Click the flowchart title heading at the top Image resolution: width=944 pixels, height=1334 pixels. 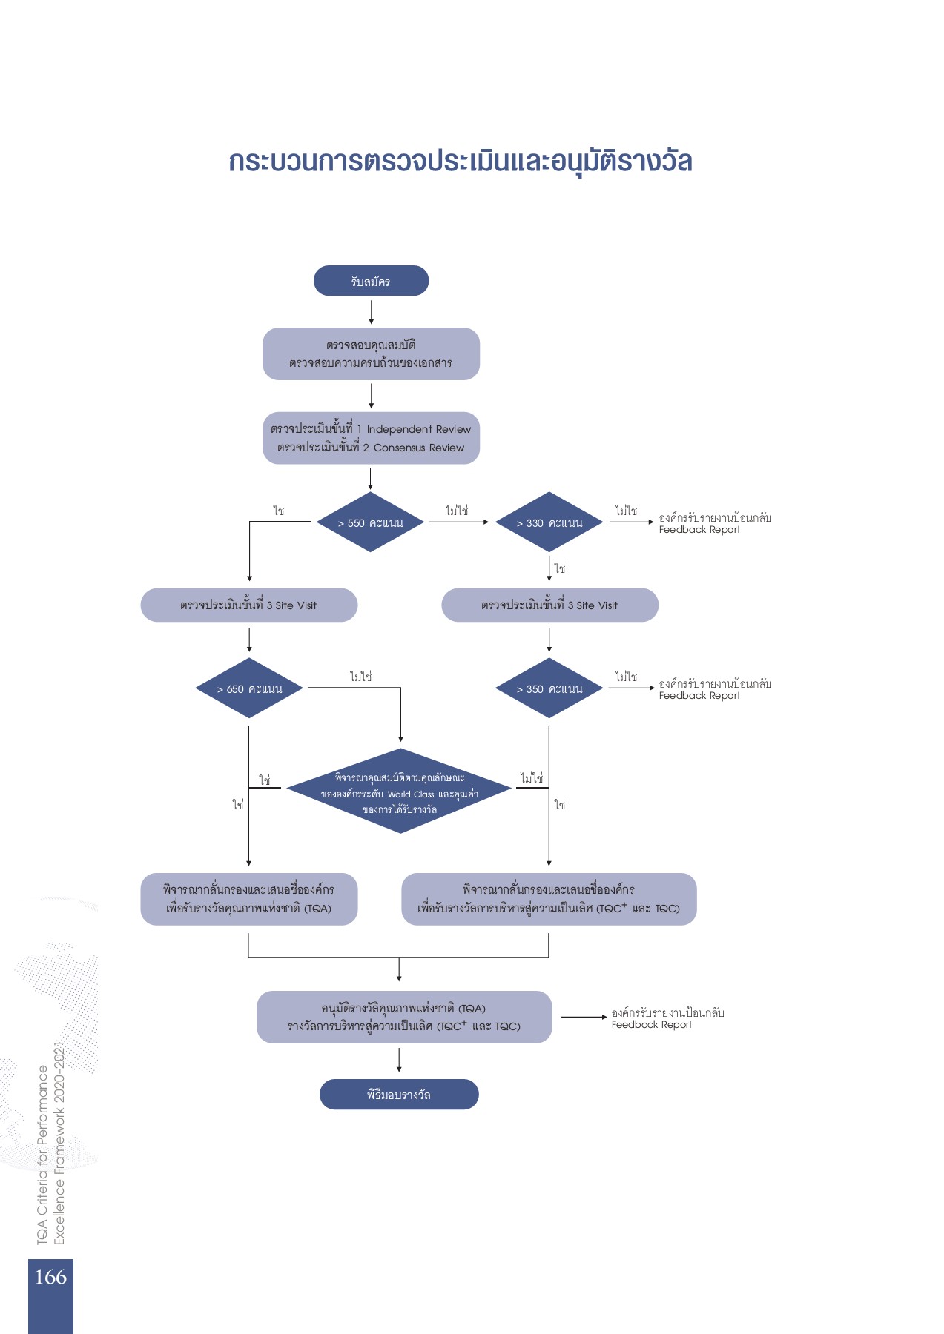tap(460, 162)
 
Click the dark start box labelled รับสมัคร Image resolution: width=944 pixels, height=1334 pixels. tap(371, 281)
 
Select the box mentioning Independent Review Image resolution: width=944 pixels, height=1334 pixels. tap(371, 438)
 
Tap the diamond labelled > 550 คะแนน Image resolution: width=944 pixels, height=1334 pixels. tap(370, 522)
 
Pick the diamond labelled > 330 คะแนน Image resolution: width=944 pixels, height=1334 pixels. tap(549, 522)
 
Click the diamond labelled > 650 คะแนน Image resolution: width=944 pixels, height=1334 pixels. tap(249, 688)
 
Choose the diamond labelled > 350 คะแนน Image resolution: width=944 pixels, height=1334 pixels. tap(549, 688)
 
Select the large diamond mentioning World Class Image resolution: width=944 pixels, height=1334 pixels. tap(399, 792)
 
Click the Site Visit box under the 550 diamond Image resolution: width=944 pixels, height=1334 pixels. tap(248, 605)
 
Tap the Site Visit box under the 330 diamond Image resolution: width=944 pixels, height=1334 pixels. tap(549, 605)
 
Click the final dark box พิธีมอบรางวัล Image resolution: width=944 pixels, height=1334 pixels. tap(399, 1095)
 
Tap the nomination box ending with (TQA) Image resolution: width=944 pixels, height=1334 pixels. tap(248, 899)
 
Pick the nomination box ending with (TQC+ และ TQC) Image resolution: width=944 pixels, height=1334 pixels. tap(549, 899)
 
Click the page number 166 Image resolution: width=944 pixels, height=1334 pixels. tap(50, 1277)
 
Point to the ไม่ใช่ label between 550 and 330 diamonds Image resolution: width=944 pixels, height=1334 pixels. tap(457, 511)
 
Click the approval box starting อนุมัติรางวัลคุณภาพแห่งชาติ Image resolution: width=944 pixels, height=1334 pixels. tap(404, 1017)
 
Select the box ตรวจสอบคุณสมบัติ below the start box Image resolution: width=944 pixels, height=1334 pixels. tap(371, 354)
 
